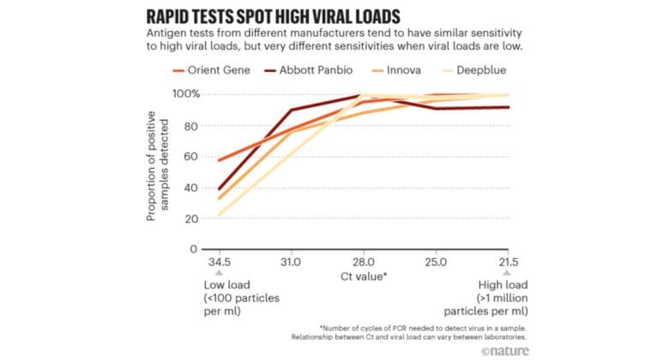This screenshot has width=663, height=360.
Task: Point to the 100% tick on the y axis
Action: pyautogui.click(x=184, y=93)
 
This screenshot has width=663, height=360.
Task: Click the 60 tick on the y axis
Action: pyautogui.click(x=190, y=156)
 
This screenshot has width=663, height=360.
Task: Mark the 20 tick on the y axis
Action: pyautogui.click(x=190, y=219)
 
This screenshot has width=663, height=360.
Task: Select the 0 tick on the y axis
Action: pyautogui.click(x=193, y=249)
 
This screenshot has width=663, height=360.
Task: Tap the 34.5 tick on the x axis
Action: pyautogui.click(x=219, y=261)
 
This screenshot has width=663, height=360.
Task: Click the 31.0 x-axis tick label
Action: pyautogui.click(x=291, y=261)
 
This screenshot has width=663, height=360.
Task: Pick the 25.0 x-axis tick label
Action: pyautogui.click(x=435, y=261)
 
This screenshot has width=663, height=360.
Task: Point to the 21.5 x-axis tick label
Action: pyautogui.click(x=507, y=261)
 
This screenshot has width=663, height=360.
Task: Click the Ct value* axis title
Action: pyautogui.click(x=363, y=277)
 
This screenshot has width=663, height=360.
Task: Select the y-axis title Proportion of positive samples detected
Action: pyautogui.click(x=158, y=171)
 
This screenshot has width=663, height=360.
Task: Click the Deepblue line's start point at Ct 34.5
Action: pyautogui.click(x=220, y=215)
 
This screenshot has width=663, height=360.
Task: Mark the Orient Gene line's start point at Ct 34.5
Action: pyautogui.click(x=220, y=160)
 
